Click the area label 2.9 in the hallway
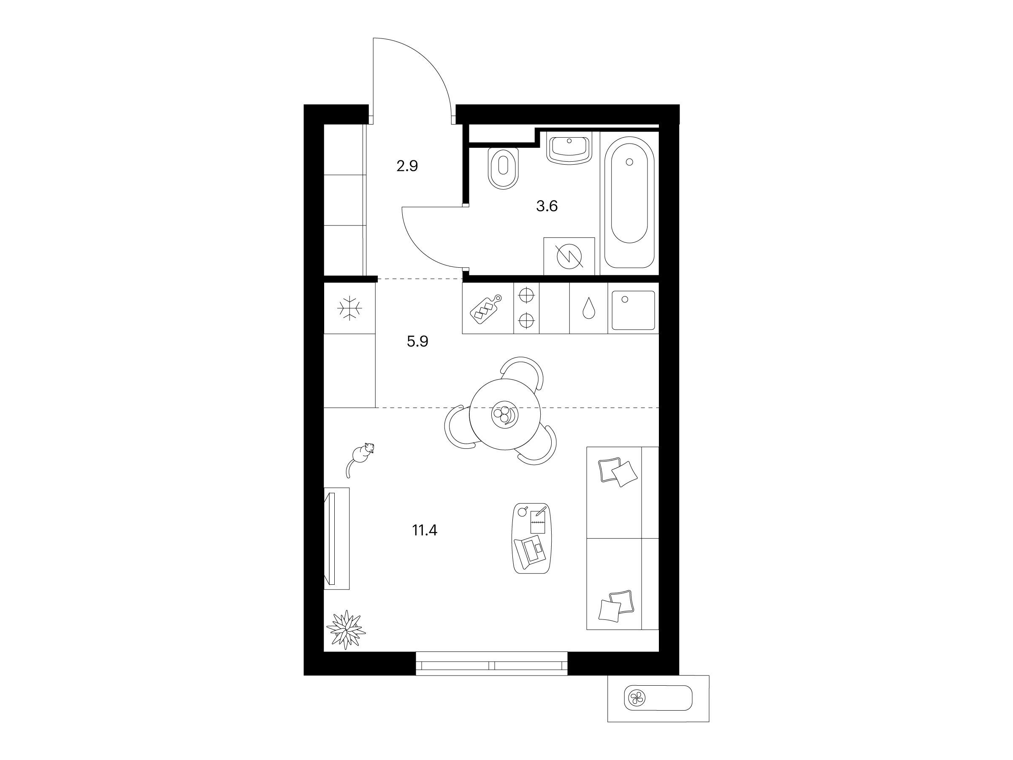coord(407,166)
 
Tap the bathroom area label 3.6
coord(547,206)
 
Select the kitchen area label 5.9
coord(418,341)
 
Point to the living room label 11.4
coord(425,530)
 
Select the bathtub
coord(629,203)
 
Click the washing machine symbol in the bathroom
coord(569,257)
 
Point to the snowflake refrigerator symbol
coord(350,308)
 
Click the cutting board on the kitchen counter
coord(486,309)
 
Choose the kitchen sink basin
coord(634,310)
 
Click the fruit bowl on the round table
coord(504,415)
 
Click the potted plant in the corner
coord(346,630)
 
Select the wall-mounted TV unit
coord(336,538)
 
